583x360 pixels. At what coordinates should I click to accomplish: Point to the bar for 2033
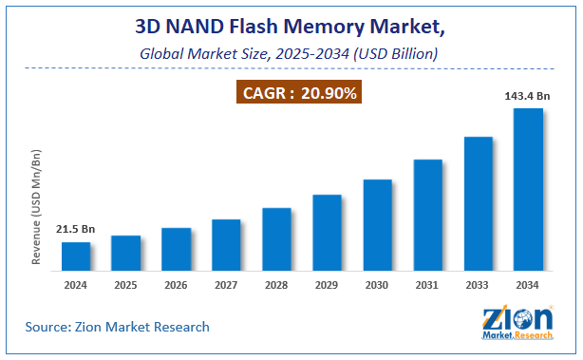478,204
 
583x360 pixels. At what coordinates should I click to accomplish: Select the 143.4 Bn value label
528,96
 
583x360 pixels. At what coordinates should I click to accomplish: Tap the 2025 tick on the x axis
126,283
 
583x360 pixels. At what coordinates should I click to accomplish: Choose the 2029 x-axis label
327,283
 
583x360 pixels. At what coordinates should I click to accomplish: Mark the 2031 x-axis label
427,283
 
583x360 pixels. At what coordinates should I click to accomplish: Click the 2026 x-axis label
176,283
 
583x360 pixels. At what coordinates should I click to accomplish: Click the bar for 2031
427,216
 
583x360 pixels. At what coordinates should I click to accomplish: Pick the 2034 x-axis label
528,283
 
